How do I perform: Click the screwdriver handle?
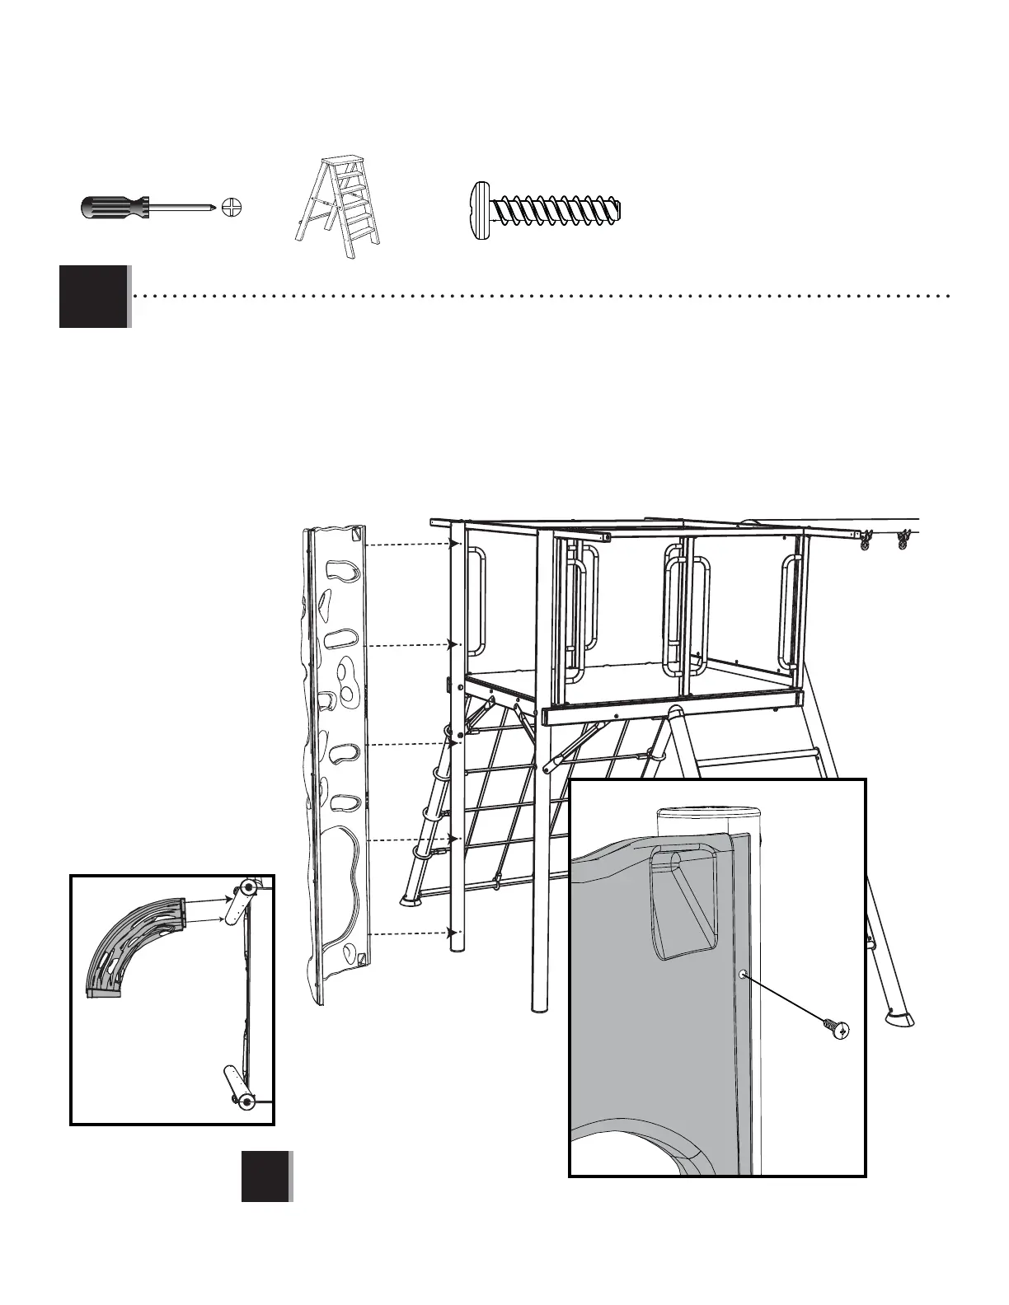(x=114, y=208)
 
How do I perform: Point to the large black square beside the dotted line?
(x=93, y=297)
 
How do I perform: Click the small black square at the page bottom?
(x=265, y=1176)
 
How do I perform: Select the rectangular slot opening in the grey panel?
(x=683, y=902)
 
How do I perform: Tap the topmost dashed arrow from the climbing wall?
(x=411, y=545)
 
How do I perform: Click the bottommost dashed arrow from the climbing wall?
(x=411, y=933)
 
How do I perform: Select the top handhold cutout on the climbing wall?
(x=339, y=570)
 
